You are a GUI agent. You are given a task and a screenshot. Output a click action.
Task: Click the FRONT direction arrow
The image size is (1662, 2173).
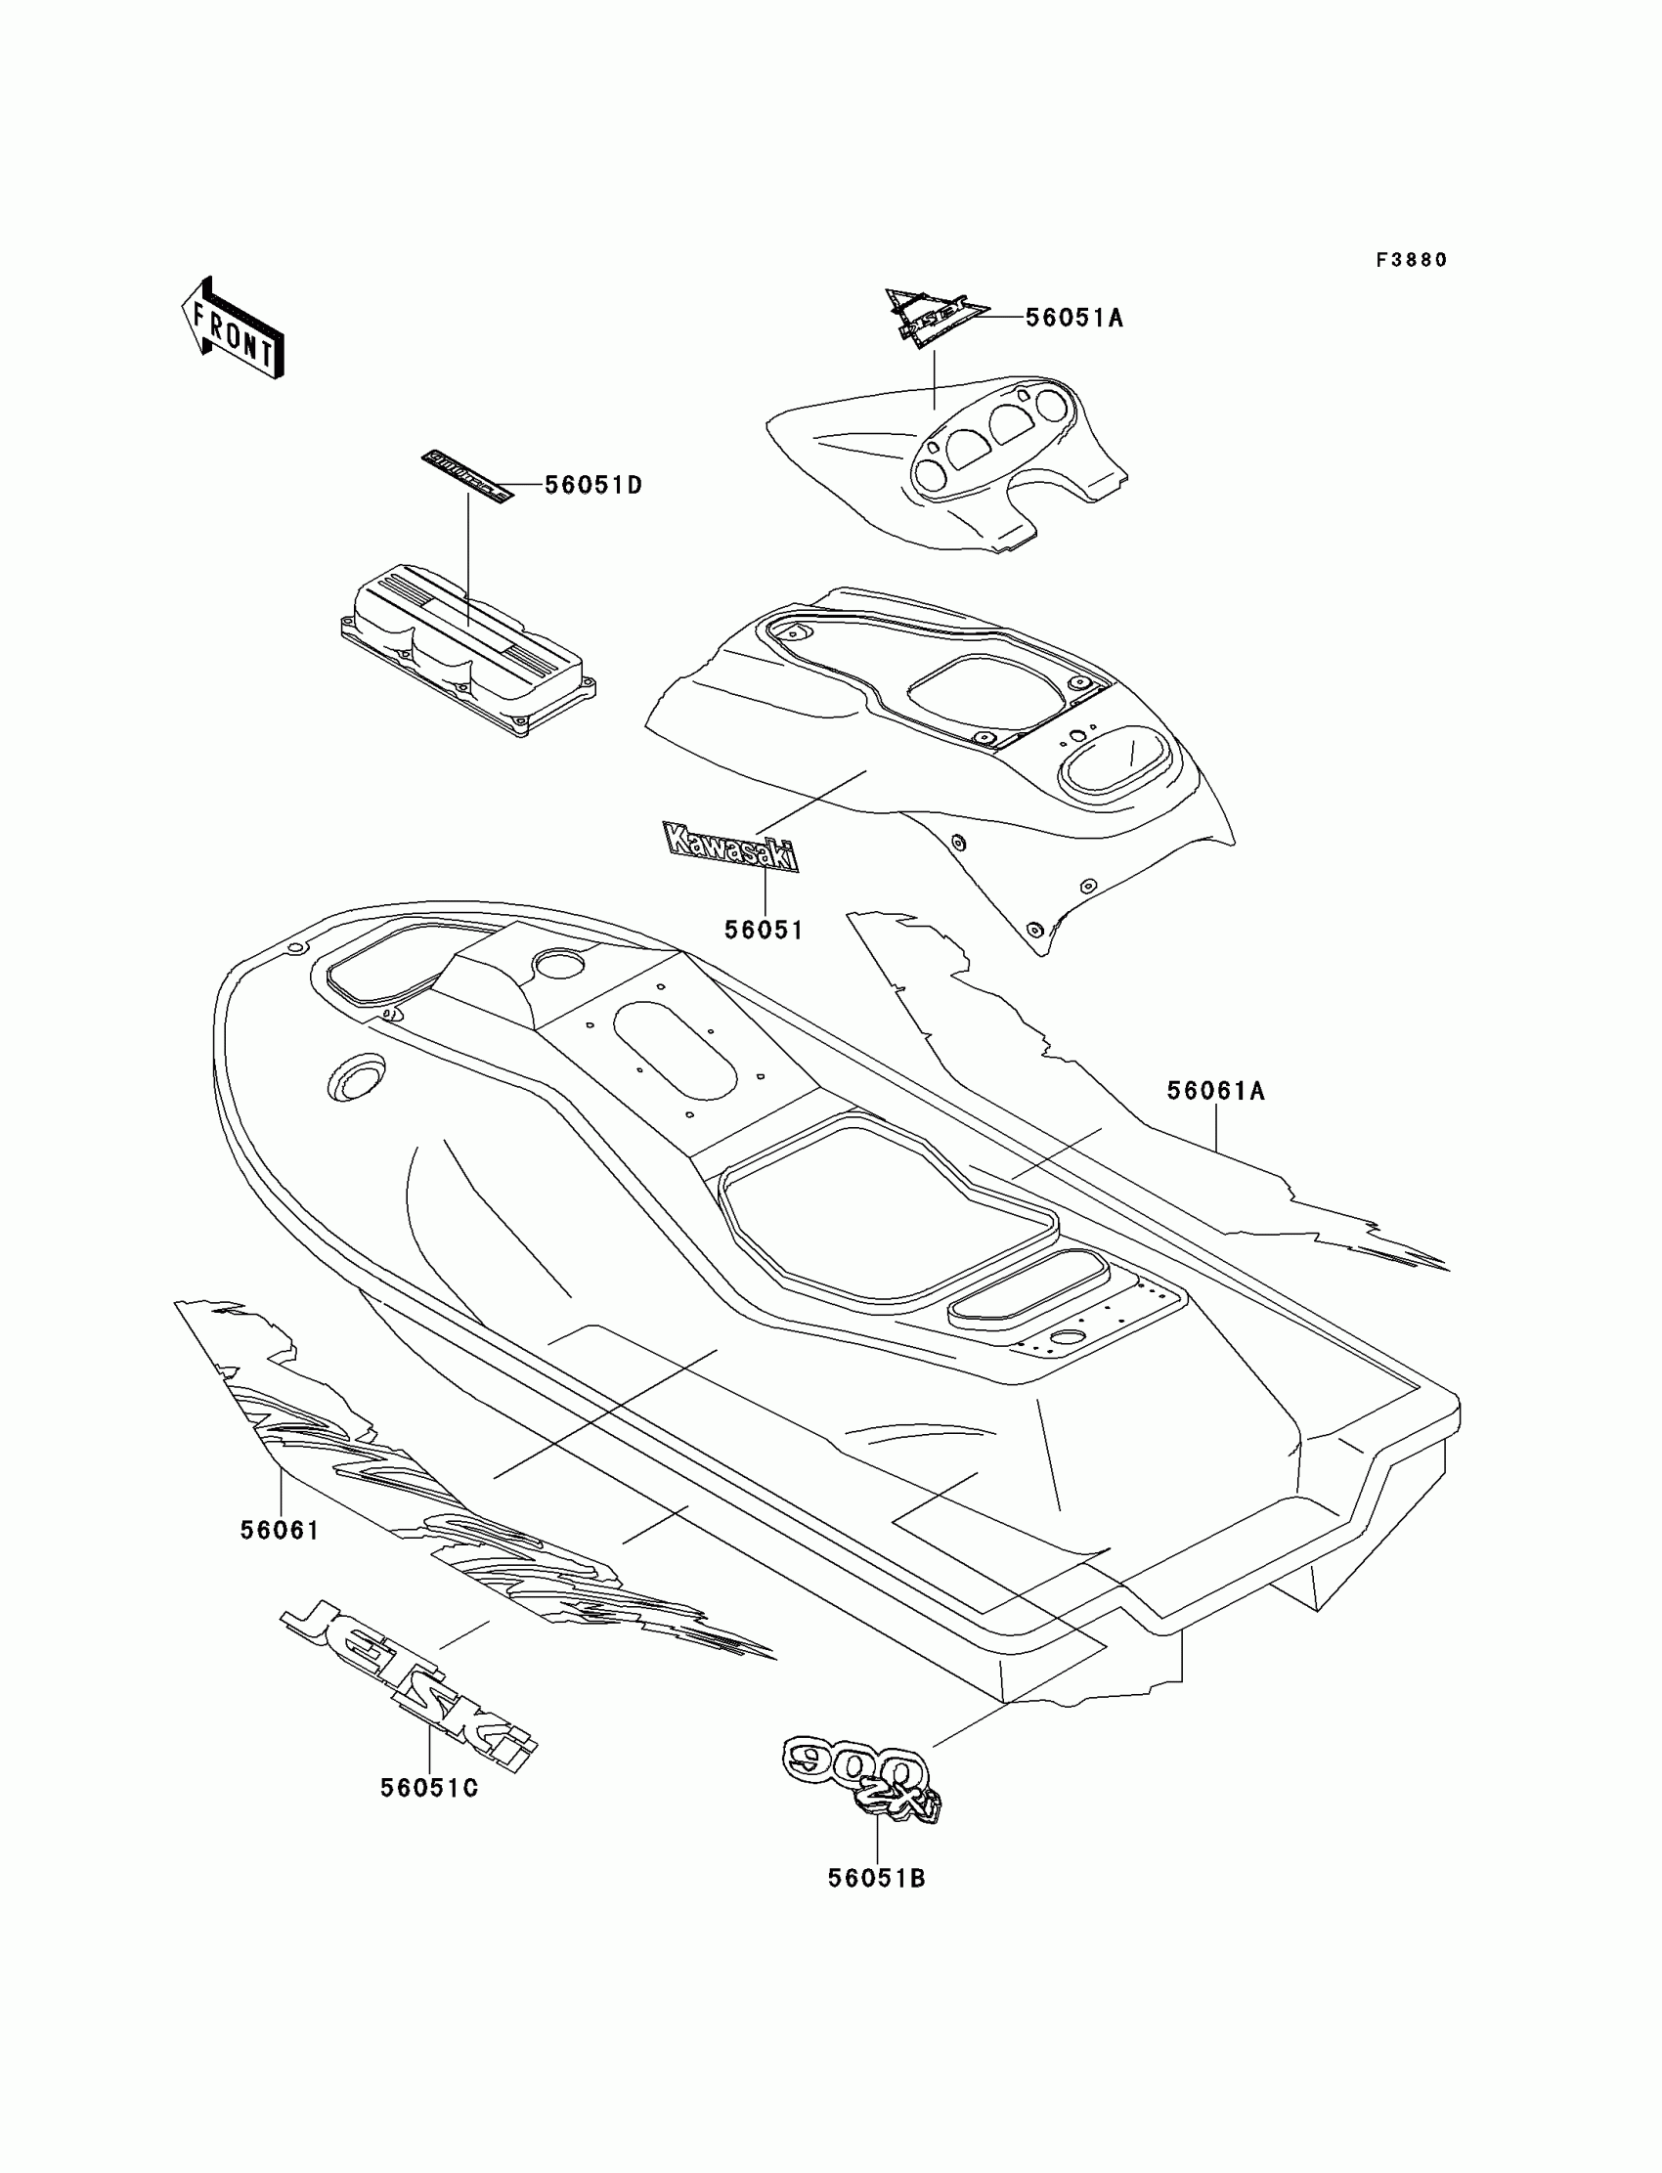click(234, 330)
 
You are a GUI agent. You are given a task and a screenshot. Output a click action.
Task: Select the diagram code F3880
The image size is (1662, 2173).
click(1412, 260)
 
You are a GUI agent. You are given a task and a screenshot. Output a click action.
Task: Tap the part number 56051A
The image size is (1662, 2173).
click(1074, 318)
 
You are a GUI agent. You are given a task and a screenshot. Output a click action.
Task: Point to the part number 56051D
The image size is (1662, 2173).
click(593, 486)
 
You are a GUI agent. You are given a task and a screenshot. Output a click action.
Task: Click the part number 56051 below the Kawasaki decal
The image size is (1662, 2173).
click(764, 930)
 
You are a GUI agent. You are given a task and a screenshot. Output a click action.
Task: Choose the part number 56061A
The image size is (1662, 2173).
click(1216, 1091)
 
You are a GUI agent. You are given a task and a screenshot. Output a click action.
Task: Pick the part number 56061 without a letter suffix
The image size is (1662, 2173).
click(280, 1530)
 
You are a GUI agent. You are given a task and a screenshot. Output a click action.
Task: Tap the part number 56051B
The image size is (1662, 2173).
click(877, 1877)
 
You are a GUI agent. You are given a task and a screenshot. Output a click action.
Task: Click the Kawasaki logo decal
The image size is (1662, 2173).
click(730, 847)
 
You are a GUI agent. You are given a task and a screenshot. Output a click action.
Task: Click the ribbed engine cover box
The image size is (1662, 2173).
click(465, 648)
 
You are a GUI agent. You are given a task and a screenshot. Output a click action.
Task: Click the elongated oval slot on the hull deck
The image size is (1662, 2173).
click(675, 1051)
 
